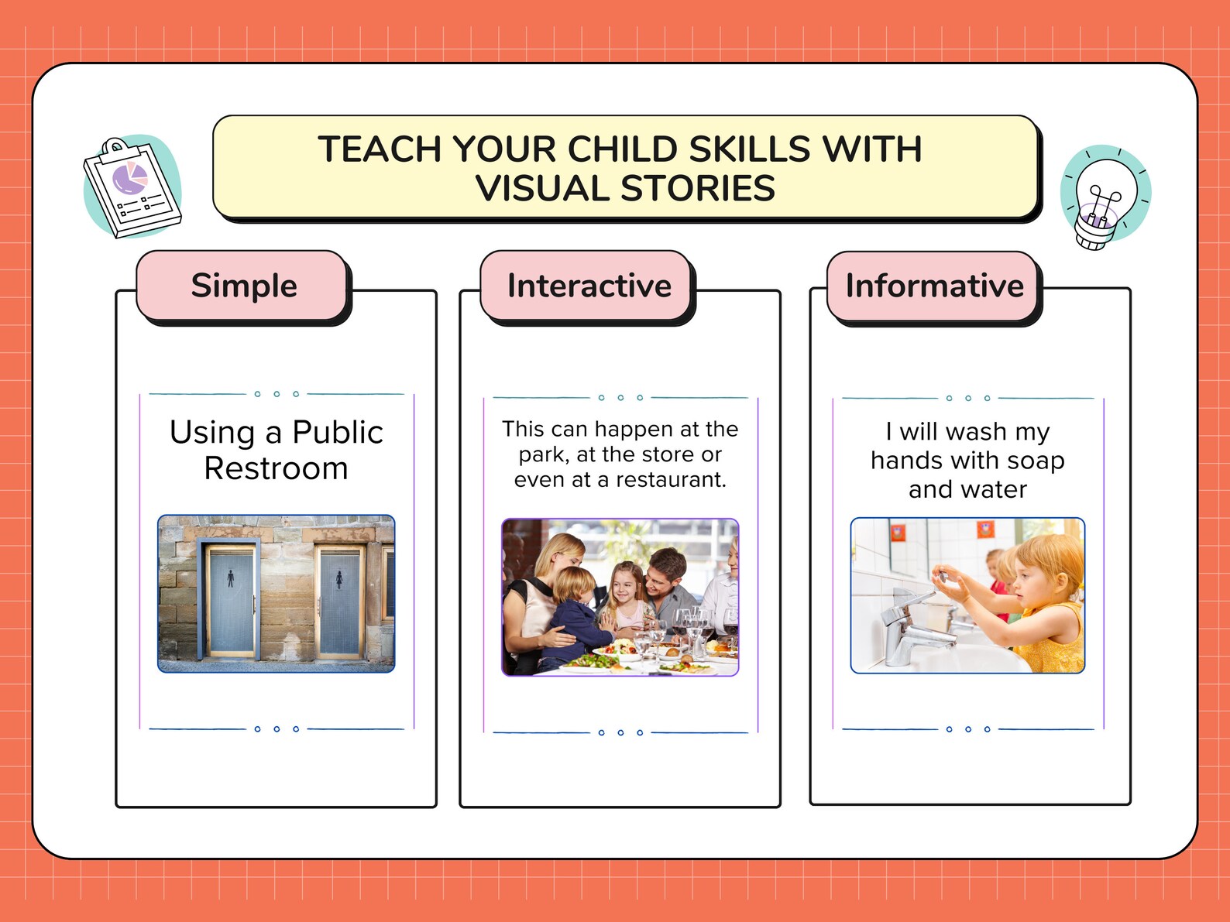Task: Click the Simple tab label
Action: [244, 286]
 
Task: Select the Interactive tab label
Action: [589, 286]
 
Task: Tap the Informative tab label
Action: [934, 286]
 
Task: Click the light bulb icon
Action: [1105, 198]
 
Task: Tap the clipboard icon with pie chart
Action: [132, 187]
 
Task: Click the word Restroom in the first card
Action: [276, 468]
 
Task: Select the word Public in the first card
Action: [338, 432]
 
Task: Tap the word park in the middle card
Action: [542, 454]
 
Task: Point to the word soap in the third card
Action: [1036, 461]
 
